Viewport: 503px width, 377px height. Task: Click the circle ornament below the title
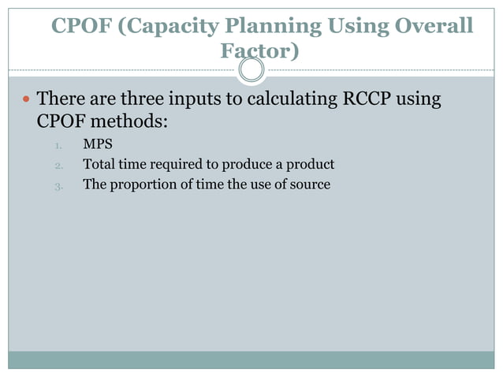[251, 71]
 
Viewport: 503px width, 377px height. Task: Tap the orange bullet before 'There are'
[25, 101]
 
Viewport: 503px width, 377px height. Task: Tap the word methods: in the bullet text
[136, 122]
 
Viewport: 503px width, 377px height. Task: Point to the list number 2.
[58, 166]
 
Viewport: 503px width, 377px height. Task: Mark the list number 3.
[58, 186]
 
